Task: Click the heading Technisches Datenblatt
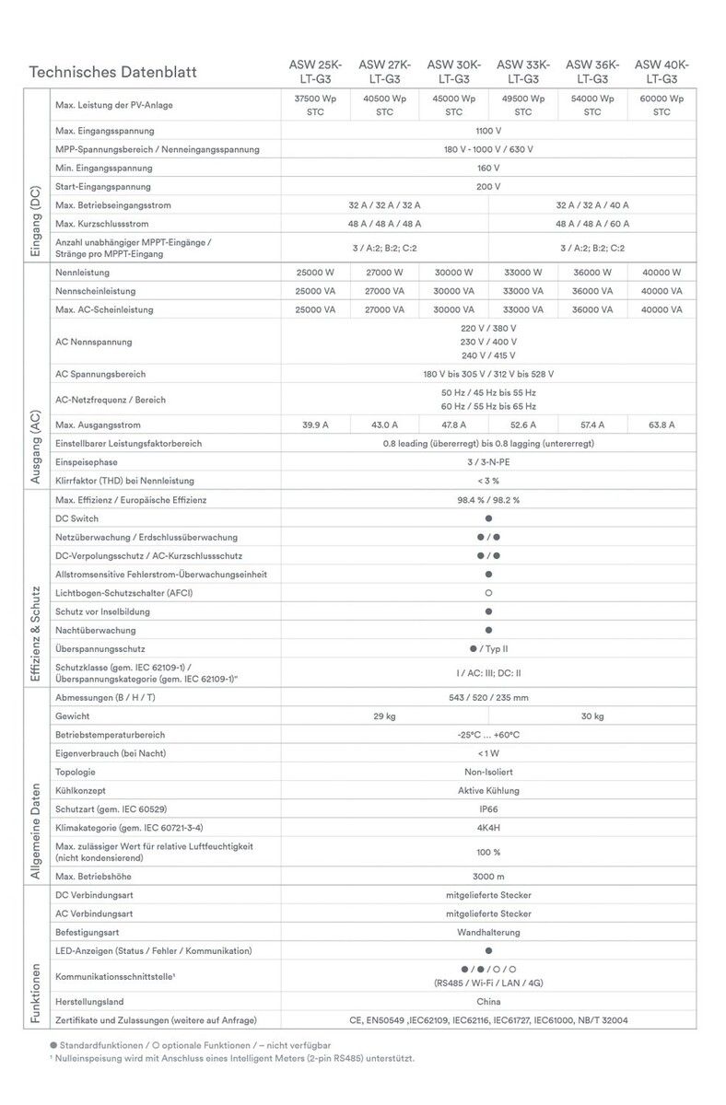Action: [112, 72]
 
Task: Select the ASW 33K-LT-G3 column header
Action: [523, 72]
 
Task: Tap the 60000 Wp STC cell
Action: [662, 105]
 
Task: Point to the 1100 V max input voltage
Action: [488, 131]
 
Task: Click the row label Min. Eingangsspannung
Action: [103, 168]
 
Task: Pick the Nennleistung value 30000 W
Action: [454, 273]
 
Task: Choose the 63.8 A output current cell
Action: [662, 425]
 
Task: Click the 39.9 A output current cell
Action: [316, 425]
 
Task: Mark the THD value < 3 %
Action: [488, 481]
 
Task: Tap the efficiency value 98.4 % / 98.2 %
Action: [488, 499]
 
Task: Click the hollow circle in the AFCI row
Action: [488, 593]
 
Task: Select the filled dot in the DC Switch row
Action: [488, 518]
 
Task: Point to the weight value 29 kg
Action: [384, 715]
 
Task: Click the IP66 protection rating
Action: [488, 809]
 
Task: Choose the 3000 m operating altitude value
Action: [488, 876]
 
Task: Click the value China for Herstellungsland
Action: [488, 1001]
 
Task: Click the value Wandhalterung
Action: [488, 932]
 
